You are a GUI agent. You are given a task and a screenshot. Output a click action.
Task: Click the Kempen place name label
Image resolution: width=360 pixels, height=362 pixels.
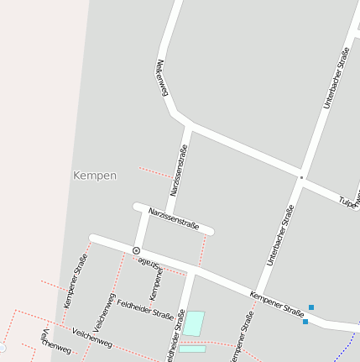click(x=95, y=176)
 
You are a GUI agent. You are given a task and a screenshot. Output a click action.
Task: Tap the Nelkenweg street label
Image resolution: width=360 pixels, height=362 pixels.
click(x=162, y=78)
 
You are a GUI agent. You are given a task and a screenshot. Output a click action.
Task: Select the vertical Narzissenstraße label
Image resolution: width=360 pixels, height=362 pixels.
click(x=179, y=171)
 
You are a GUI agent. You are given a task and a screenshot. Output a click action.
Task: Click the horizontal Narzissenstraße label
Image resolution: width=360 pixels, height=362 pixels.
click(x=173, y=218)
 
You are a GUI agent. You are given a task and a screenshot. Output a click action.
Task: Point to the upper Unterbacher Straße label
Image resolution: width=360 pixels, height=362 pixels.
click(x=337, y=77)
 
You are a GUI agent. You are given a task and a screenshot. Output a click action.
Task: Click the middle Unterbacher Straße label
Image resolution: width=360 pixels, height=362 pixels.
click(x=280, y=235)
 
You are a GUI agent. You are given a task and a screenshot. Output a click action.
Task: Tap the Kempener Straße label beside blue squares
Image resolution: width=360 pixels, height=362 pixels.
click(x=277, y=304)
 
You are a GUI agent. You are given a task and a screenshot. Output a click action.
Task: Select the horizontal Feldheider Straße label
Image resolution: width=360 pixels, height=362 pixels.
click(x=145, y=310)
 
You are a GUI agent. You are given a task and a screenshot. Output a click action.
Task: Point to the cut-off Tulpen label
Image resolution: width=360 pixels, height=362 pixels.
click(x=349, y=202)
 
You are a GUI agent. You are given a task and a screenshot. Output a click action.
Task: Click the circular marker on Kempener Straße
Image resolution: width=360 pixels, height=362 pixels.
click(x=137, y=250)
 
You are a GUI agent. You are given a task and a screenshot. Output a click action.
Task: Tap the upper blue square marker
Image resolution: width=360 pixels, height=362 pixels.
click(x=311, y=307)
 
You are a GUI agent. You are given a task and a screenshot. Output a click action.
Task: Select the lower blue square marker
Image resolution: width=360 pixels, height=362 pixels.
click(x=305, y=321)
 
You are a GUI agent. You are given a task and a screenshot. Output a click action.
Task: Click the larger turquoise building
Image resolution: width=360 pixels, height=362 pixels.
click(x=194, y=323)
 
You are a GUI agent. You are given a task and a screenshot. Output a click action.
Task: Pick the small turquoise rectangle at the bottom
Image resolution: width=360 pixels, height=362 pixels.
click(x=192, y=349)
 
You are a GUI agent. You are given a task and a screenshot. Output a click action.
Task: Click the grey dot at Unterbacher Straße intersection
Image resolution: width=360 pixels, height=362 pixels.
click(x=301, y=177)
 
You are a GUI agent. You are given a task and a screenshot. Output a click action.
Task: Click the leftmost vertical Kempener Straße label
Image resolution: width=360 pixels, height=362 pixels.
click(x=76, y=281)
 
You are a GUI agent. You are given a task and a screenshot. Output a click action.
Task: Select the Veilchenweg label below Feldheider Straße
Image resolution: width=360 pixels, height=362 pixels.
click(x=92, y=338)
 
